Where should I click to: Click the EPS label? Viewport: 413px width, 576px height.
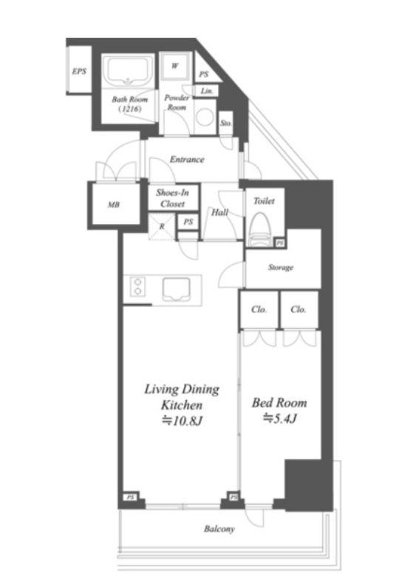coord(79,71)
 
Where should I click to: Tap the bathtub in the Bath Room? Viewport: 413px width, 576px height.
coord(128,71)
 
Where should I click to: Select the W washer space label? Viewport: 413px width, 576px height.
coord(175,66)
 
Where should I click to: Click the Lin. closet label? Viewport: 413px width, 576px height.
coord(207,91)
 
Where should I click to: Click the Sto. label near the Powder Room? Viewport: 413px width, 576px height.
coord(226,123)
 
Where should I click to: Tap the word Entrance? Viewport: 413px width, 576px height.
coord(187,160)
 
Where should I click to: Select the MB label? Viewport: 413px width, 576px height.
coord(114,205)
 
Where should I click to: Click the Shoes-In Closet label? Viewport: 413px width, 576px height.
coord(173,198)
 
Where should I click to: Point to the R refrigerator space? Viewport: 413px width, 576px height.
coord(162,227)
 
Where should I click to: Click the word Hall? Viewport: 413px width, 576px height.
coord(219,212)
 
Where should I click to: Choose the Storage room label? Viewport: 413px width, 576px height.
coord(281,268)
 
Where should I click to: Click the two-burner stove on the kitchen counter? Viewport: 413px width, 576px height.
coord(137,287)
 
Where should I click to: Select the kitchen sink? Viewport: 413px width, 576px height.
coord(177,289)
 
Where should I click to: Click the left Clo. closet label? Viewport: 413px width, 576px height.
coord(259,310)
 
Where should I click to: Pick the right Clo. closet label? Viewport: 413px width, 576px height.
coord(298,310)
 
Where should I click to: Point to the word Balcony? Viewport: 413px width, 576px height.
coord(219,529)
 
